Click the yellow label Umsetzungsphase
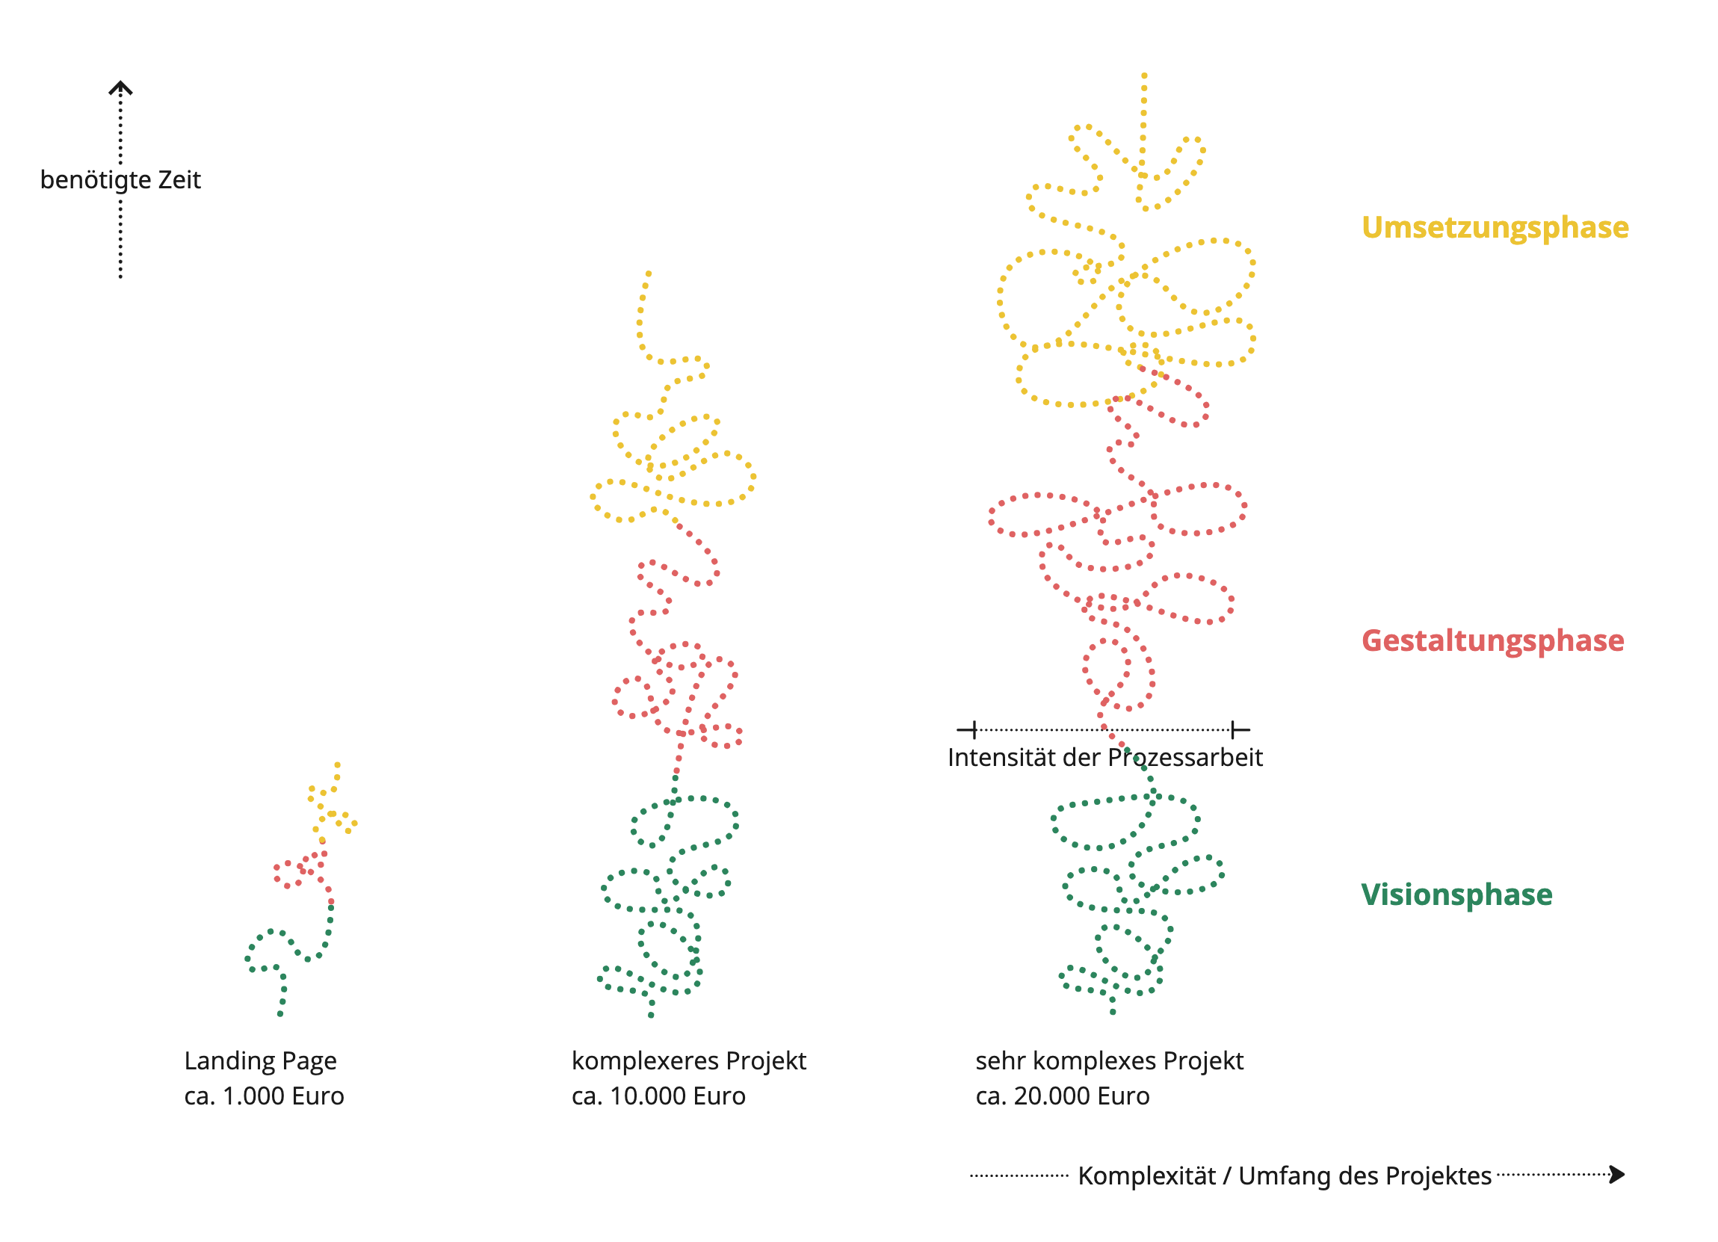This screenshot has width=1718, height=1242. pyautogui.click(x=1495, y=227)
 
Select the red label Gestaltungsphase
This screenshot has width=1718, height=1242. pyautogui.click(x=1492, y=640)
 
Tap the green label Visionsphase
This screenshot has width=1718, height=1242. pyautogui.click(x=1456, y=895)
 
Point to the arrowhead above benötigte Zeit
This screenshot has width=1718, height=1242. pyautogui.click(x=120, y=88)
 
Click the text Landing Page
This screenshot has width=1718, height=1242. pyautogui.click(x=260, y=1060)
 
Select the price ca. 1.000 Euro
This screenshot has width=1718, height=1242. pyautogui.click(x=264, y=1096)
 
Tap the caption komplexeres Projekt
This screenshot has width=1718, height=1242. pyautogui.click(x=688, y=1060)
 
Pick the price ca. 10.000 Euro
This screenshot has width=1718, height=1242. pyautogui.click(x=658, y=1096)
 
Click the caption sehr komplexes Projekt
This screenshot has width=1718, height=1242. pyautogui.click(x=1109, y=1060)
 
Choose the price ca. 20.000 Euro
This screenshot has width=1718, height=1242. pyautogui.click(x=1062, y=1096)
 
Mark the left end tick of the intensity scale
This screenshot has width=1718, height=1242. pyautogui.click(x=974, y=730)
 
